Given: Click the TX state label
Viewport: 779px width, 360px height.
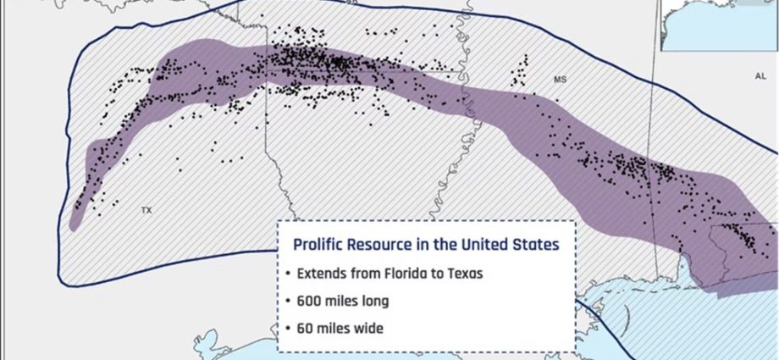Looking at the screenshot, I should tap(146, 210).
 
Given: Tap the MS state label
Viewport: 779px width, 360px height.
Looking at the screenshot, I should tap(558, 80).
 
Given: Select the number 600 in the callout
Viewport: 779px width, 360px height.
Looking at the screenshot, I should tap(308, 301).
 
